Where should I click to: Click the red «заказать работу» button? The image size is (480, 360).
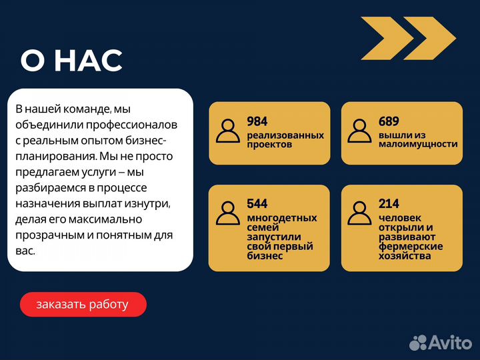[x=83, y=305]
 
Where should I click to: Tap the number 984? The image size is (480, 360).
[x=257, y=121]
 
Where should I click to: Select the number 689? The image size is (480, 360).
[x=389, y=121]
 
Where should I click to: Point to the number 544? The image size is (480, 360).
[x=257, y=204]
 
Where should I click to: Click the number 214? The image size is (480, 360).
[x=389, y=204]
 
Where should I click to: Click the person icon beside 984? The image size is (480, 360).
[x=228, y=131]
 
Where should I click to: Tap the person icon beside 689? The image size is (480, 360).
[x=360, y=131]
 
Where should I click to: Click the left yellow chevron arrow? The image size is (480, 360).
[x=386, y=37]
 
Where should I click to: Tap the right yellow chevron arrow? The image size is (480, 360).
[x=429, y=37]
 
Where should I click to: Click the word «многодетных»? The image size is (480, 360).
[x=282, y=218]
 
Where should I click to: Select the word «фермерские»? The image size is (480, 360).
[x=411, y=247]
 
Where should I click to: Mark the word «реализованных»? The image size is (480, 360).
[x=285, y=135]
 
